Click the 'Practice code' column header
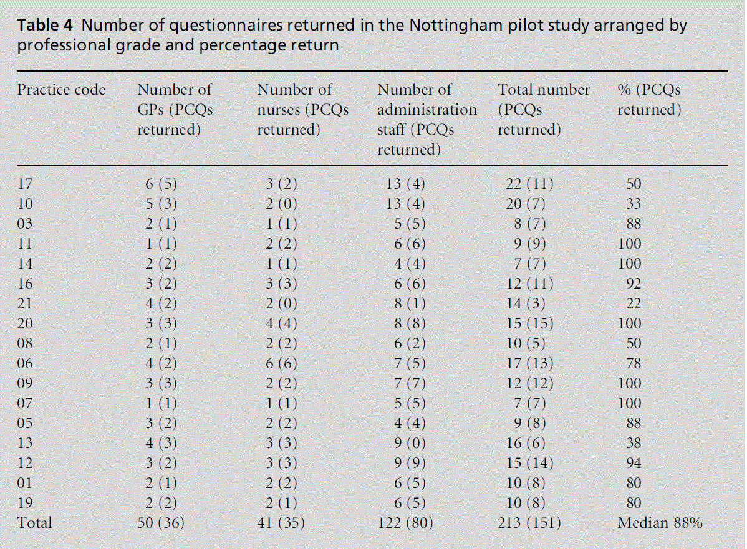pyautogui.click(x=61, y=90)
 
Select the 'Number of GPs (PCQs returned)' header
pyautogui.click(x=175, y=110)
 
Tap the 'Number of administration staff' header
pyautogui.click(x=427, y=120)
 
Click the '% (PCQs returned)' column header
pyautogui.click(x=649, y=100)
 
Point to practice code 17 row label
pyautogui.click(x=25, y=184)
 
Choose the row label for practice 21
pyautogui.click(x=25, y=303)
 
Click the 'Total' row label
pyautogui.click(x=35, y=523)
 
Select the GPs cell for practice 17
pyautogui.click(x=165, y=184)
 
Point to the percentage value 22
pyautogui.click(x=634, y=303)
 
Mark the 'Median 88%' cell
pyautogui.click(x=660, y=523)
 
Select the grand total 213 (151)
pyautogui.click(x=529, y=523)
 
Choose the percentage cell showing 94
pyautogui.click(x=634, y=463)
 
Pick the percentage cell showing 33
pyautogui.click(x=634, y=204)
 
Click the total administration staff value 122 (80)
pyautogui.click(x=406, y=523)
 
